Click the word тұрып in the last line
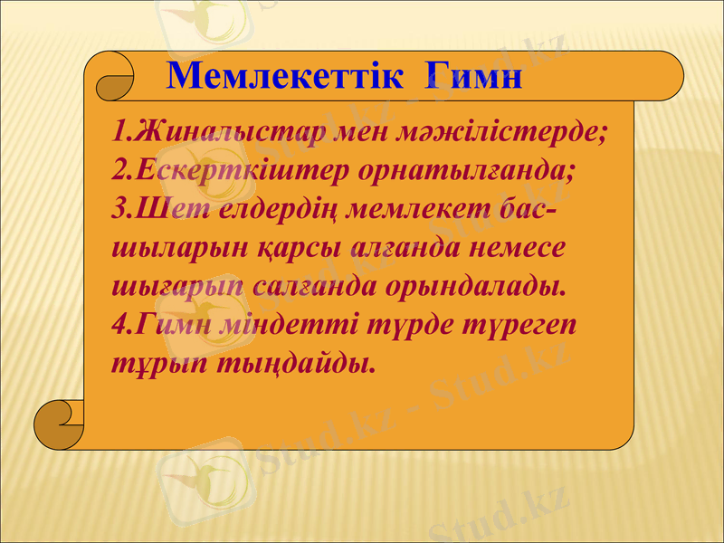(x=157, y=364)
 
